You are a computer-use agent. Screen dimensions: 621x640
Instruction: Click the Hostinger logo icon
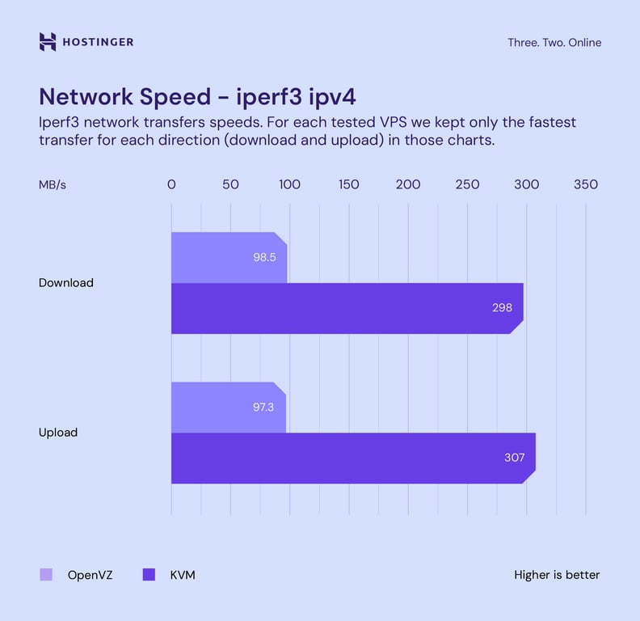point(48,42)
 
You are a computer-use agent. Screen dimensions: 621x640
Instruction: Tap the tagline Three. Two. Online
point(554,43)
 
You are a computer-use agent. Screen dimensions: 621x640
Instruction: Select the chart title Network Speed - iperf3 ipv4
point(198,96)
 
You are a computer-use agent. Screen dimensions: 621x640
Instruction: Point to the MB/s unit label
point(53,184)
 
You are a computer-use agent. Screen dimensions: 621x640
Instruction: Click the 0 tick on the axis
point(171,184)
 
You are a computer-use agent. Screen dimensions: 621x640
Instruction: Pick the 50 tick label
point(230,184)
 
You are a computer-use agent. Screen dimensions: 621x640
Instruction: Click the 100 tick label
point(289,184)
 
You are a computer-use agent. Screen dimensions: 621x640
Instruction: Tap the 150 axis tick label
point(349,184)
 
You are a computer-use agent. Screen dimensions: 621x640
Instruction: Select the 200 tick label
point(408,184)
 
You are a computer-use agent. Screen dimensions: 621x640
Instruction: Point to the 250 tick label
point(467,184)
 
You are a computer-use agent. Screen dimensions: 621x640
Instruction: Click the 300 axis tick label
point(526,184)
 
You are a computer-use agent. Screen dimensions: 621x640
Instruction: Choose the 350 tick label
point(586,184)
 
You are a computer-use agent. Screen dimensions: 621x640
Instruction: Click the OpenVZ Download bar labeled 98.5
point(229,257)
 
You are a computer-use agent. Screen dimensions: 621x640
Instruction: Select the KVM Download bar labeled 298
point(347,308)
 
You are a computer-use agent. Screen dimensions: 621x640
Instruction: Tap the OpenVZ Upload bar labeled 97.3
point(228,407)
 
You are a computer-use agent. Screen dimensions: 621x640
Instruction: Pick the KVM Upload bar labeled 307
point(352,458)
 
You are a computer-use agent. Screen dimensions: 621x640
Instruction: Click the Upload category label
point(58,433)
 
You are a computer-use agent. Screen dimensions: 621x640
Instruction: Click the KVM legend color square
point(149,575)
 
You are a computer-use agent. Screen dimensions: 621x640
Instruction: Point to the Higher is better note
point(557,575)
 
